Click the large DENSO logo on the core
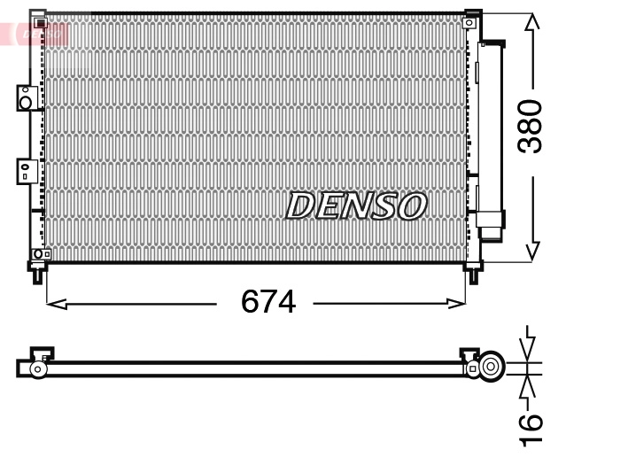click(356, 205)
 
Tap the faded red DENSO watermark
click(35, 35)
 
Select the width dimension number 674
click(267, 303)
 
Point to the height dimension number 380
click(530, 126)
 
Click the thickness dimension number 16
click(530, 429)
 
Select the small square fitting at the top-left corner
click(38, 21)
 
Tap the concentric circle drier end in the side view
click(490, 366)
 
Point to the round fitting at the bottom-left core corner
click(38, 254)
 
